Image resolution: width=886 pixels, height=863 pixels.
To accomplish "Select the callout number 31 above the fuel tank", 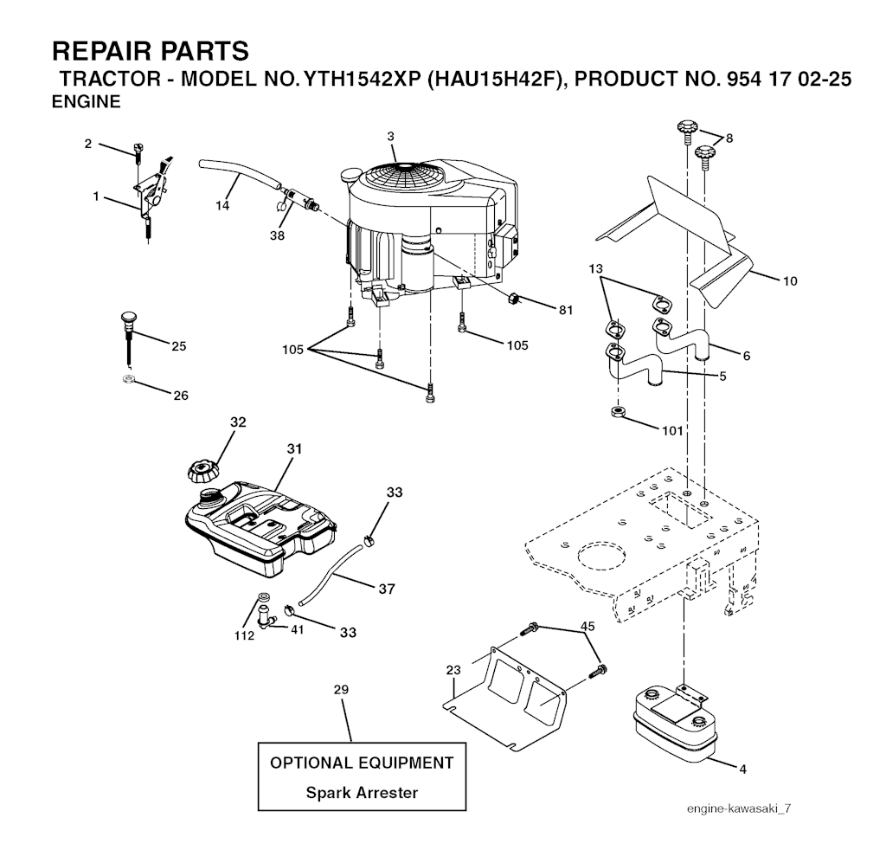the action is pos(294,448).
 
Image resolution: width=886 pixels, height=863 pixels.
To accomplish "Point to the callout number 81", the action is pos(566,310).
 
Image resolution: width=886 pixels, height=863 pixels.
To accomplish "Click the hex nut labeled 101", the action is pos(618,411).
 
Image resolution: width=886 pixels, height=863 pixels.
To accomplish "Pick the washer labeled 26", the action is pos(129,378).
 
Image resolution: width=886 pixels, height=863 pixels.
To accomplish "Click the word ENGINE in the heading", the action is pos(86,102).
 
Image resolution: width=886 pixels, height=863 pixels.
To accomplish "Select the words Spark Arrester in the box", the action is pos(362,792).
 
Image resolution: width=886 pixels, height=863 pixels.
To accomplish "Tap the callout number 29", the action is pos(341,690).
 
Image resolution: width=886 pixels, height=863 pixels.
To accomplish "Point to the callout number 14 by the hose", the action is pos(222,205).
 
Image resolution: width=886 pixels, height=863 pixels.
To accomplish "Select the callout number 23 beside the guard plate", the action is pos(453,670).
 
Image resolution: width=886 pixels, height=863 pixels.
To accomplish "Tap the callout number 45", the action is pos(587,626).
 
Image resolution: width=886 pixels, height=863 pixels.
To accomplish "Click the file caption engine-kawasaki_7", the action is pos(739,808).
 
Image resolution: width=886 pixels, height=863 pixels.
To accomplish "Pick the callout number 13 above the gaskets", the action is pos(595,268).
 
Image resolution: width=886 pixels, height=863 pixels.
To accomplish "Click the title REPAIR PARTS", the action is pos(151,51).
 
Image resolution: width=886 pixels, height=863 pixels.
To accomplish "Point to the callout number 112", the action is pos(244,636).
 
